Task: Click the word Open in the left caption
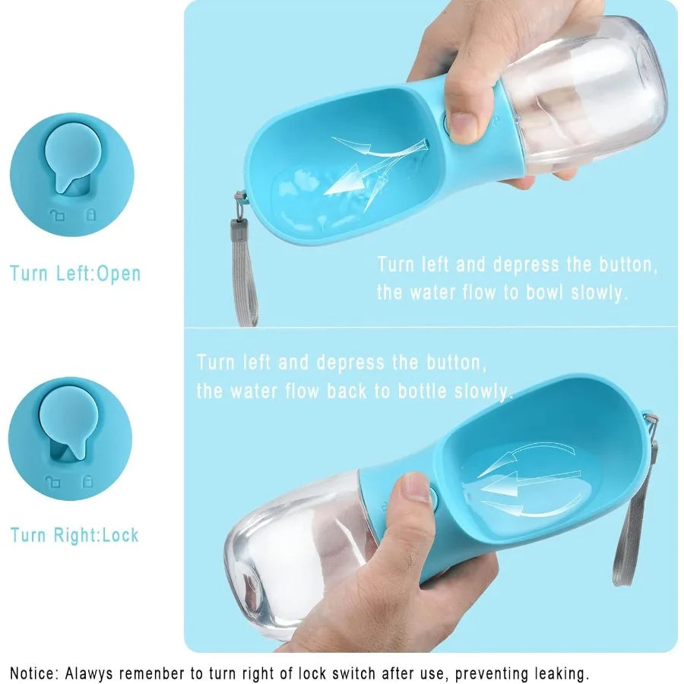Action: (x=119, y=274)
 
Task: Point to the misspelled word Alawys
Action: (x=90, y=673)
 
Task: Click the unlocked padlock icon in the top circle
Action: (x=57, y=214)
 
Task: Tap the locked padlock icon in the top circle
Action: (x=90, y=214)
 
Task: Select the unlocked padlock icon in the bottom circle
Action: (x=53, y=482)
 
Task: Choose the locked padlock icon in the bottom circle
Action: (x=87, y=481)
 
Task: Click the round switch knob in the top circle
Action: (x=72, y=154)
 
